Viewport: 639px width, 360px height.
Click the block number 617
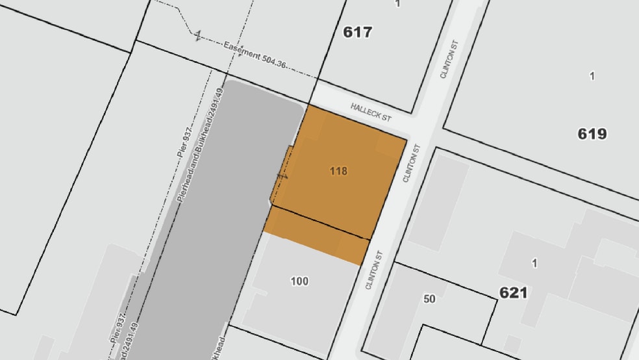click(358, 32)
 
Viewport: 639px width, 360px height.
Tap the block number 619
click(592, 134)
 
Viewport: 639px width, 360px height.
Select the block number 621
click(513, 293)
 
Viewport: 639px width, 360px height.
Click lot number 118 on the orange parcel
click(338, 172)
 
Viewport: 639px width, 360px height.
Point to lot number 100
click(299, 281)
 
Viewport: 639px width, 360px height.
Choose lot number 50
click(429, 299)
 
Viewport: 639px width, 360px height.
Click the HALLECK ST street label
click(371, 112)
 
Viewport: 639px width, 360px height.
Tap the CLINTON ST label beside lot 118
click(409, 163)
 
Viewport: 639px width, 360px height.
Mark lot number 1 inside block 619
click(592, 77)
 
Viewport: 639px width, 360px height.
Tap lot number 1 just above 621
click(534, 263)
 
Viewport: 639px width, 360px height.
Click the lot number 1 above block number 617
click(397, 4)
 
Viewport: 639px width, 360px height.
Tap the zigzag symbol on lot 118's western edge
click(282, 175)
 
